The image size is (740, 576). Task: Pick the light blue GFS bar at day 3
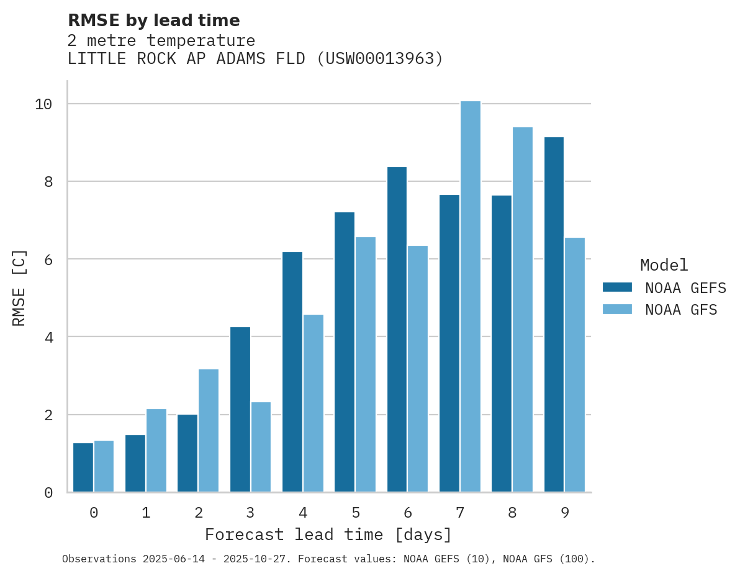click(x=261, y=447)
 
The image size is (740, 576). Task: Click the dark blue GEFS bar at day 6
click(x=397, y=330)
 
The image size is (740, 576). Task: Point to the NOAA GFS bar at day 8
click(x=522, y=310)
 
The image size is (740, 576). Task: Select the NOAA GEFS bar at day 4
click(x=292, y=372)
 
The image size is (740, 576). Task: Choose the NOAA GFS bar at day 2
click(x=209, y=431)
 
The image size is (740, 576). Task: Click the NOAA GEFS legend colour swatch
click(x=617, y=287)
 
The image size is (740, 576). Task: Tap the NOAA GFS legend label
click(x=681, y=310)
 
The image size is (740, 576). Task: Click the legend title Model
click(x=664, y=266)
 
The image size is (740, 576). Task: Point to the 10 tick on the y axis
click(x=43, y=104)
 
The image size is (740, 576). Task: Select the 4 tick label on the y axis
click(x=48, y=337)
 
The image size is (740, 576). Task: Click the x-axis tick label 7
click(x=460, y=513)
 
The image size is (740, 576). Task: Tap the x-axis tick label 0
click(x=94, y=513)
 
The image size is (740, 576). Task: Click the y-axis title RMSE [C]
click(x=19, y=287)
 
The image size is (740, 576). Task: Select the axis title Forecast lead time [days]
click(x=328, y=534)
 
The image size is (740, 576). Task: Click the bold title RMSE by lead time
click(x=153, y=20)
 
